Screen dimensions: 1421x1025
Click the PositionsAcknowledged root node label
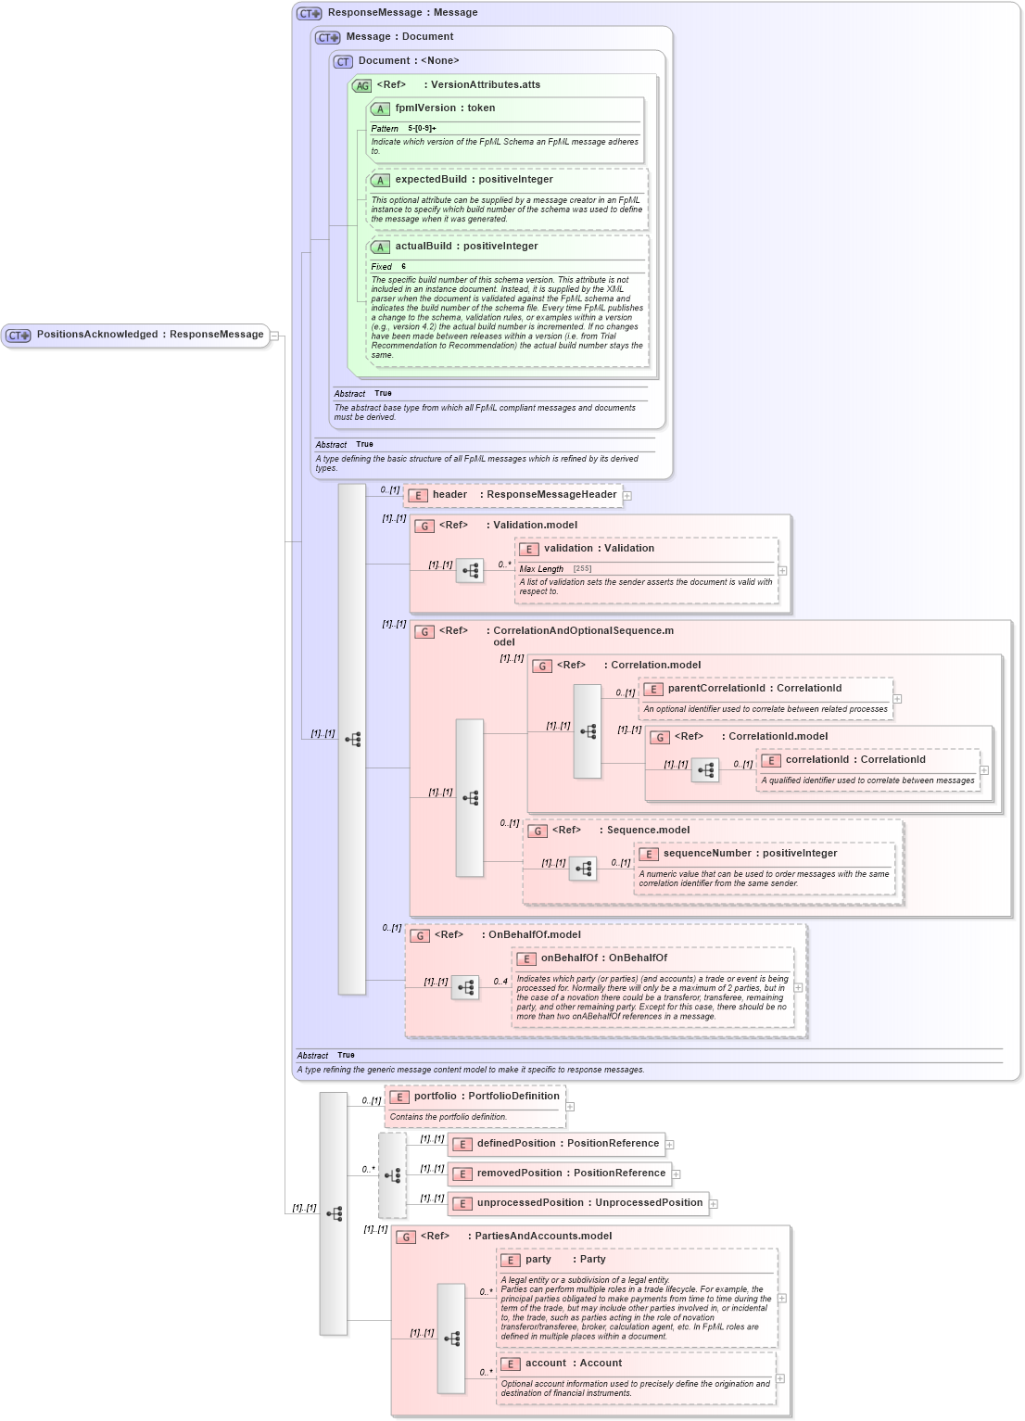(x=149, y=335)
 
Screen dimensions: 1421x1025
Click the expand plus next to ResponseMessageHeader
(x=627, y=496)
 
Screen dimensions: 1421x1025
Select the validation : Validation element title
(x=599, y=549)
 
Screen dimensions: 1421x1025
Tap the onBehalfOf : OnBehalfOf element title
(x=603, y=958)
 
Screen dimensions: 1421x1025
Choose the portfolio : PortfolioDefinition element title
(x=487, y=1097)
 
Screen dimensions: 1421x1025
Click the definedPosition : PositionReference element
(x=567, y=1144)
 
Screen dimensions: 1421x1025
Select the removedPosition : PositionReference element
(x=571, y=1174)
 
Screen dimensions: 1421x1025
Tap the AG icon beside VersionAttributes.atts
(x=361, y=85)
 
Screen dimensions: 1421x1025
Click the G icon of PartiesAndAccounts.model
(x=405, y=1237)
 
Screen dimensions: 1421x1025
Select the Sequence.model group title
(x=648, y=831)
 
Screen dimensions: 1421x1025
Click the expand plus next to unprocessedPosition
(x=714, y=1204)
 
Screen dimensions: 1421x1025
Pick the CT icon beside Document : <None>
(x=343, y=62)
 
